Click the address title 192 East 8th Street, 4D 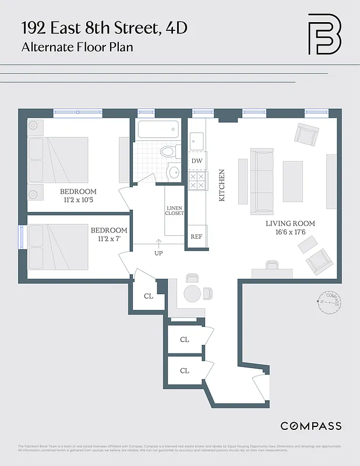(105, 27)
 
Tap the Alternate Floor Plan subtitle (77, 47)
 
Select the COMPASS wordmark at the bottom (311, 426)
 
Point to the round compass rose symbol (330, 302)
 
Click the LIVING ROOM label (290, 224)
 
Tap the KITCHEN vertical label (221, 185)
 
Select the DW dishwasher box (197, 161)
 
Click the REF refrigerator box (196, 237)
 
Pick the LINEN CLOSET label (175, 210)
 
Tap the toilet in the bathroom (168, 152)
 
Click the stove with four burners (197, 180)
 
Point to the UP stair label (158, 253)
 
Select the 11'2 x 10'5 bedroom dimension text (78, 200)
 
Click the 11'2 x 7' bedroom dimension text (108, 239)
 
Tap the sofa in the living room (262, 180)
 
